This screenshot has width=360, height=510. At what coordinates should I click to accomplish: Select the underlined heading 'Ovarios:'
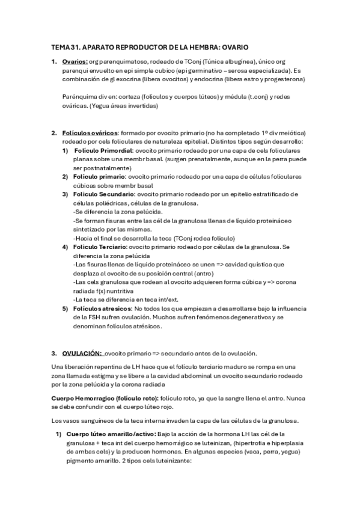(x=75, y=62)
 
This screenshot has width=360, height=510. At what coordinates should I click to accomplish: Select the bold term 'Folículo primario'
(x=99, y=177)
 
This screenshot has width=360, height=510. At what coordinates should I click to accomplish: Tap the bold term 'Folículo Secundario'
(x=103, y=194)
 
